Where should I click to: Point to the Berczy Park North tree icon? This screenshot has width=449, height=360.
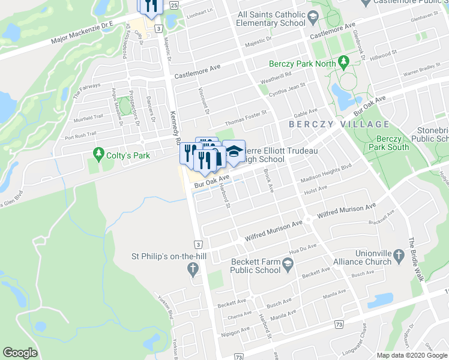coord(343,61)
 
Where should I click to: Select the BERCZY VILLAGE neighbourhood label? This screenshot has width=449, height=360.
coord(339,124)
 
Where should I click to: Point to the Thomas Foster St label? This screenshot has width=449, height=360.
coord(246,113)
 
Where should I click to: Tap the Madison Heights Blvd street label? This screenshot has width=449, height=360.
coord(326,173)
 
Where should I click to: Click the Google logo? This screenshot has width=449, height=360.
coord(20,352)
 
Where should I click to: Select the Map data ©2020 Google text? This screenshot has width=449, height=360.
coord(412,355)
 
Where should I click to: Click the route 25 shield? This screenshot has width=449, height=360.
coord(174,5)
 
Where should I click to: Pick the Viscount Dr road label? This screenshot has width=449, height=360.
coord(204,100)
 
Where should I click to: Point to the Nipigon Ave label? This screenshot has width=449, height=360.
coord(235,331)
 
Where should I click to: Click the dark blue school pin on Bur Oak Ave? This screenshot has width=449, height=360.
coord(235,152)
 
